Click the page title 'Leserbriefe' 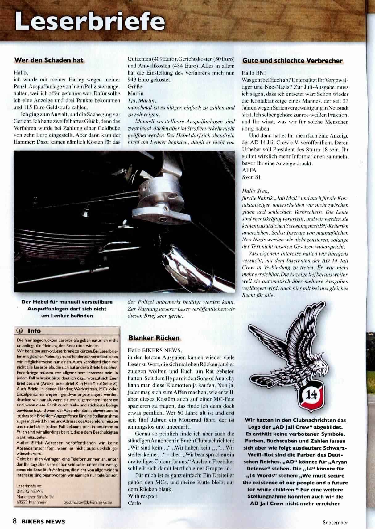pyautogui.click(x=89, y=21)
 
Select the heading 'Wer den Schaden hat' pyautogui.click(x=49, y=60)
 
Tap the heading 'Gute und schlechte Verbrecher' pyautogui.click(x=292, y=61)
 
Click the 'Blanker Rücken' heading pyautogui.click(x=154, y=338)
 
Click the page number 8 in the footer pyautogui.click(x=14, y=521)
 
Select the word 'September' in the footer pyautogui.click(x=336, y=522)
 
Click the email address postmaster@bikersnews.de pyautogui.click(x=88, y=502)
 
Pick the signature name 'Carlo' pyautogui.click(x=134, y=503)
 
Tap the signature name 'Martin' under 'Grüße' pyautogui.click(x=135, y=93)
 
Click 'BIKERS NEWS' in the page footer pyautogui.click(x=43, y=522)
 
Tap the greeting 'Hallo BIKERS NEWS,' pyautogui.click(x=155, y=350)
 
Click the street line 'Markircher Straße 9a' pyautogui.click(x=35, y=497)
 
